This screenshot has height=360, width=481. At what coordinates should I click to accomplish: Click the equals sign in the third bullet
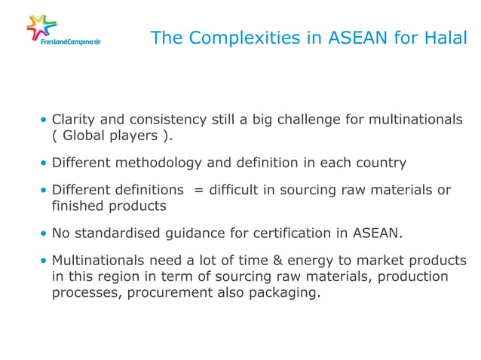tap(198, 189)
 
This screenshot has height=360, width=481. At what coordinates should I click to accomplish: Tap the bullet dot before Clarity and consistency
tap(44, 121)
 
